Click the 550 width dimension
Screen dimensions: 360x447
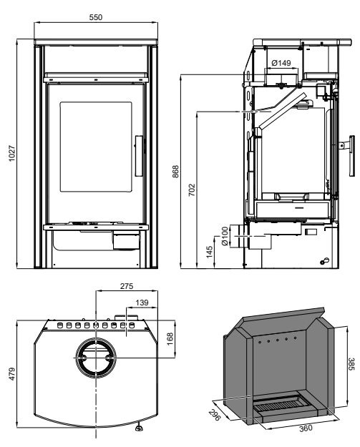click(x=96, y=17)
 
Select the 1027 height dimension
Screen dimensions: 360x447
click(x=11, y=153)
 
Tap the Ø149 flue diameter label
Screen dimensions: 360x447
click(x=281, y=63)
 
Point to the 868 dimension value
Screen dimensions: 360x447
click(x=175, y=172)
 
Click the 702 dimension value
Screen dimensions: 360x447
click(x=192, y=190)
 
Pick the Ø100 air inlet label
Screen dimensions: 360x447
click(x=225, y=236)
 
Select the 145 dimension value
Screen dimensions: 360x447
click(x=209, y=252)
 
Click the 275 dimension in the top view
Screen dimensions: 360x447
click(x=127, y=286)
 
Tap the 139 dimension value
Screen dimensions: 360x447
click(x=142, y=303)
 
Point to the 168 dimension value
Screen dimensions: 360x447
click(x=170, y=339)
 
